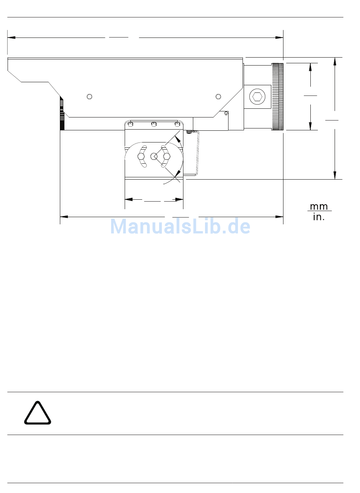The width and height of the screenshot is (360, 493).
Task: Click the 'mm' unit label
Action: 319,207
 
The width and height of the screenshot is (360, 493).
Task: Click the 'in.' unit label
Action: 319,217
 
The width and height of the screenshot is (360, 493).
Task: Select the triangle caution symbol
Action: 38,413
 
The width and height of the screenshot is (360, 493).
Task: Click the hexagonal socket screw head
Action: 257,97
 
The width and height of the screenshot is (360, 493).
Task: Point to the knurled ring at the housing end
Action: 277,97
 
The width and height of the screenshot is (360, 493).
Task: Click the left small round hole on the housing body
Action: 89,96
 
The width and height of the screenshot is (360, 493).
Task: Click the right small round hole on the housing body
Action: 218,96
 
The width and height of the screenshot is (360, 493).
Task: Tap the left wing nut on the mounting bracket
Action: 141,157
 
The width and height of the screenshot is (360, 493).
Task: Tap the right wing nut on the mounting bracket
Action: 166,157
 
